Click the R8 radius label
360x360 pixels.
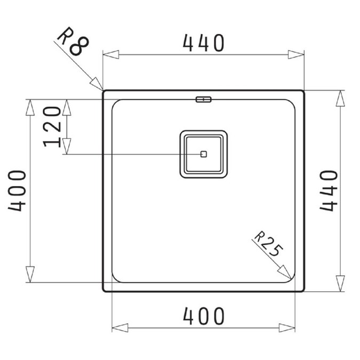(x=73, y=41)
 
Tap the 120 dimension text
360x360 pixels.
(x=52, y=127)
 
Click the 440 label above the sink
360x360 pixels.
(x=203, y=43)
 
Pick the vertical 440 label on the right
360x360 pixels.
(x=329, y=190)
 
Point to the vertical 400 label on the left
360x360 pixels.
(x=17, y=190)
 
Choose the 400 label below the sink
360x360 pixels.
(x=203, y=316)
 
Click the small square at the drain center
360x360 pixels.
(x=204, y=154)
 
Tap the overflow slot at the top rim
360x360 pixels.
(x=203, y=99)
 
